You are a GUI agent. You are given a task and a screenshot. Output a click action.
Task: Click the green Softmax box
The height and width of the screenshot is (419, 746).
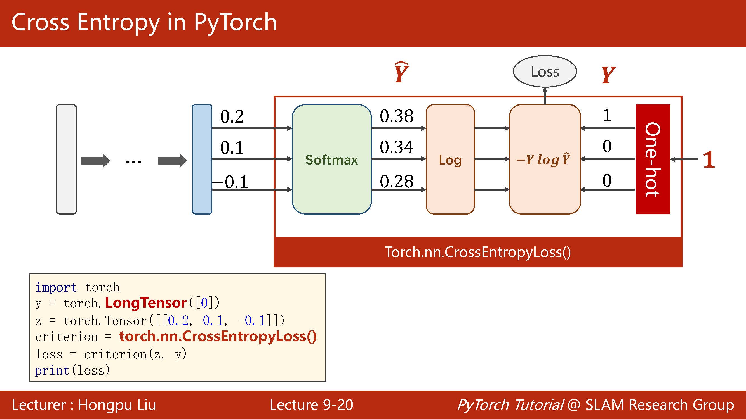coord(331,159)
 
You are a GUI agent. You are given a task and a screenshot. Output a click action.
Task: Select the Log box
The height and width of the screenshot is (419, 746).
coord(450,159)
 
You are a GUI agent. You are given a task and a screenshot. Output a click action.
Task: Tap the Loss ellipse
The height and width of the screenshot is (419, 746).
coord(545,72)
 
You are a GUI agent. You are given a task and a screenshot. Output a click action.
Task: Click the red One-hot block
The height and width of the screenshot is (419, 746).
coord(653,159)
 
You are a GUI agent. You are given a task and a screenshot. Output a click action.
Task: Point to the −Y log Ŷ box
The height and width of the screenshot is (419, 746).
coord(544,159)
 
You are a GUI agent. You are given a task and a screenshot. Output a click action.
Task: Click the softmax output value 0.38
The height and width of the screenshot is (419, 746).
coord(396,116)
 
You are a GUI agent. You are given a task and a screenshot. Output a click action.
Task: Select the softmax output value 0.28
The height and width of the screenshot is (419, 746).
coord(396,182)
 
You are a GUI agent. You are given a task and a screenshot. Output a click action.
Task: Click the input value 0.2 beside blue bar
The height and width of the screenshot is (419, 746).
coord(232,116)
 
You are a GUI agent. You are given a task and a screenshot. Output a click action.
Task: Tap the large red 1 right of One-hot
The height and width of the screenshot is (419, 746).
coord(709,159)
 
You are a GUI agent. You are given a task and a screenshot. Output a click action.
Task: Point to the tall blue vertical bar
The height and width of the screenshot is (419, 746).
coord(202,159)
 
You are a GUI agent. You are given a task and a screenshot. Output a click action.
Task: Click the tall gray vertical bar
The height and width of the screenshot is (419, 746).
coord(66,159)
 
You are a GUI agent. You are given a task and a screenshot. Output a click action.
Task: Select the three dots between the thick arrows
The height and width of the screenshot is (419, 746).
coord(133,161)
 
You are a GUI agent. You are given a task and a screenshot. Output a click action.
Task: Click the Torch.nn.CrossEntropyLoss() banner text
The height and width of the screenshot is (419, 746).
coord(477,252)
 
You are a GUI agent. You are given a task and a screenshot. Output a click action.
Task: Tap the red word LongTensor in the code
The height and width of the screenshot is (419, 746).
coord(146,303)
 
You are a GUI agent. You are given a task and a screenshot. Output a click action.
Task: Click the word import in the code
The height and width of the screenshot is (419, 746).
coord(56,287)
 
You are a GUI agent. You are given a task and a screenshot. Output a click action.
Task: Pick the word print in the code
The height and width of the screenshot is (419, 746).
coord(52,370)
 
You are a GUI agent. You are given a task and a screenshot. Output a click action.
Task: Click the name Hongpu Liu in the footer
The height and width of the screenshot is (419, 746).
coord(117,404)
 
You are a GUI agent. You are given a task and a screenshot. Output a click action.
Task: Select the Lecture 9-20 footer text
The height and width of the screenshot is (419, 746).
coord(311,404)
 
